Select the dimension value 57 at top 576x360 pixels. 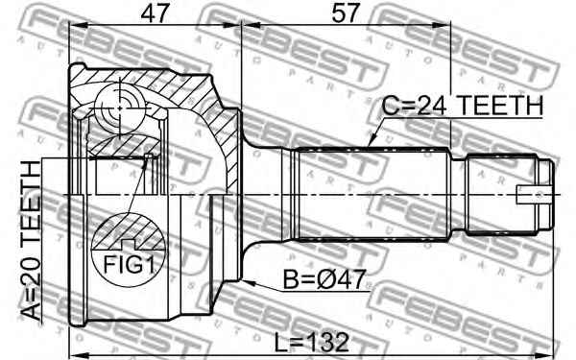(x=345, y=14)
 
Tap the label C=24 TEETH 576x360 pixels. (x=462, y=106)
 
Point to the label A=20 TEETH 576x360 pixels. (x=31, y=241)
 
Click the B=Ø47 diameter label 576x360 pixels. (x=324, y=279)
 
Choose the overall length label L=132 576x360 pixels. (x=311, y=342)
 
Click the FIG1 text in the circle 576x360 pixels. (x=129, y=265)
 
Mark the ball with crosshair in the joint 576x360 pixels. (x=119, y=108)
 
